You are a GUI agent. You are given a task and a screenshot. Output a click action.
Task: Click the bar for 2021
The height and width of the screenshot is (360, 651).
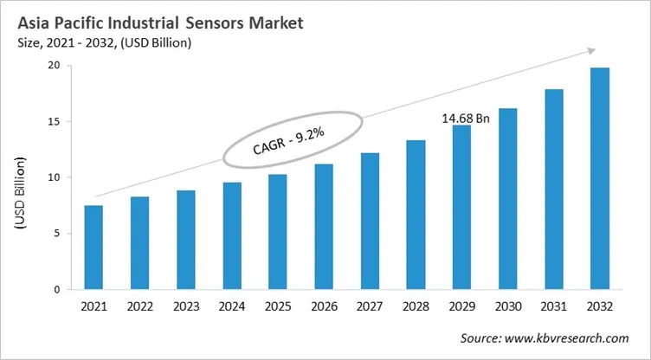click(x=93, y=247)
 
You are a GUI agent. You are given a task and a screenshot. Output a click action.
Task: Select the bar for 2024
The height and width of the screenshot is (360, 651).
click(x=231, y=236)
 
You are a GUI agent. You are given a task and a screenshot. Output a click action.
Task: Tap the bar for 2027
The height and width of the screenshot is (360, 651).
click(x=370, y=222)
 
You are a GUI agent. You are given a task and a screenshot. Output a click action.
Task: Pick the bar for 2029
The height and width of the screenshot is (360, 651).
click(x=461, y=208)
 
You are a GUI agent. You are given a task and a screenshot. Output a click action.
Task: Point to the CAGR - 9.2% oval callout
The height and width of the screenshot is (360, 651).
click(x=288, y=138)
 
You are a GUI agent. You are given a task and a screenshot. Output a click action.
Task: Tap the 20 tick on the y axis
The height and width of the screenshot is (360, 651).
click(x=53, y=66)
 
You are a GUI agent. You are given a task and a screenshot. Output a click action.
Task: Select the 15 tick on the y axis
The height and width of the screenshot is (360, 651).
click(x=53, y=122)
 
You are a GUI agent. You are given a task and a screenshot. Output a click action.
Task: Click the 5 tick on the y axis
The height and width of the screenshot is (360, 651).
click(x=55, y=234)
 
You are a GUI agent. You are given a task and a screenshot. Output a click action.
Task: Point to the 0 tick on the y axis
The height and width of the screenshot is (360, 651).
click(x=55, y=290)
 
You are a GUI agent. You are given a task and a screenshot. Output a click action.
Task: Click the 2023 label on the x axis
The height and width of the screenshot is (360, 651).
click(x=185, y=309)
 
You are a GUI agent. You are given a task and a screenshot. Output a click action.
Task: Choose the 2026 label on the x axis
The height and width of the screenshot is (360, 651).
click(x=324, y=309)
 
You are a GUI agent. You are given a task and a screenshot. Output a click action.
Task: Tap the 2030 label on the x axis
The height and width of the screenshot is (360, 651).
click(x=507, y=309)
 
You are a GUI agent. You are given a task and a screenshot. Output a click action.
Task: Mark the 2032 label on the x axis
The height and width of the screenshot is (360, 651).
click(x=600, y=309)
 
